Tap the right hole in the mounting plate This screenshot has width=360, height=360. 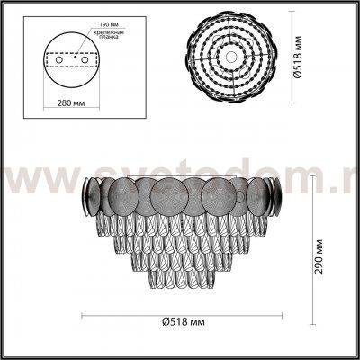(86, 63)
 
